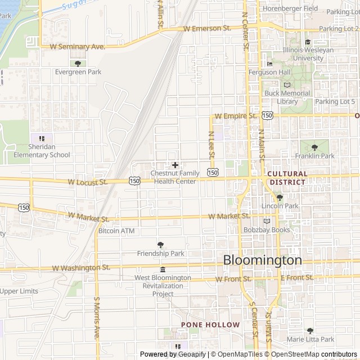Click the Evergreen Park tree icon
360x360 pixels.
pyautogui.click(x=78, y=63)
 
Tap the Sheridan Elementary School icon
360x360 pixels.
pyautogui.click(x=41, y=138)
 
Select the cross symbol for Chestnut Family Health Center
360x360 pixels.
pyautogui.click(x=175, y=165)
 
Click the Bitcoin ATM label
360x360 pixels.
pyautogui.click(x=116, y=231)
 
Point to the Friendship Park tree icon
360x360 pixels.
pyautogui.click(x=161, y=245)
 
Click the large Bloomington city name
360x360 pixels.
pyautogui.click(x=262, y=260)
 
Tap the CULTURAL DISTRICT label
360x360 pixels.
pyautogui.click(x=287, y=178)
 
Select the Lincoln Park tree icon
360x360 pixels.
pyautogui.click(x=280, y=197)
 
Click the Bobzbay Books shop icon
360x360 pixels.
pyautogui.click(x=267, y=220)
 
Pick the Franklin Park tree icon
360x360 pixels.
pyautogui.click(x=314, y=147)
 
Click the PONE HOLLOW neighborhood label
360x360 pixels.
pyautogui.click(x=210, y=325)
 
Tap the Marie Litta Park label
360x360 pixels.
pyautogui.click(x=310, y=339)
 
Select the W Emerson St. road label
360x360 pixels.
pyautogui.click(x=208, y=28)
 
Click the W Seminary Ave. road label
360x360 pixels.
pyautogui.click(x=78, y=47)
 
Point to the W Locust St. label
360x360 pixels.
pyautogui.click(x=87, y=182)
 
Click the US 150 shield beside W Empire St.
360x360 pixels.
pyautogui.click(x=267, y=115)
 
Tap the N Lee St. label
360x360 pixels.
pyautogui.click(x=211, y=143)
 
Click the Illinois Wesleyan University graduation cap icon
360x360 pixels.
pyautogui.click(x=307, y=42)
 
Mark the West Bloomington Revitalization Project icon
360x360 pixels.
pyautogui.click(x=163, y=269)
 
